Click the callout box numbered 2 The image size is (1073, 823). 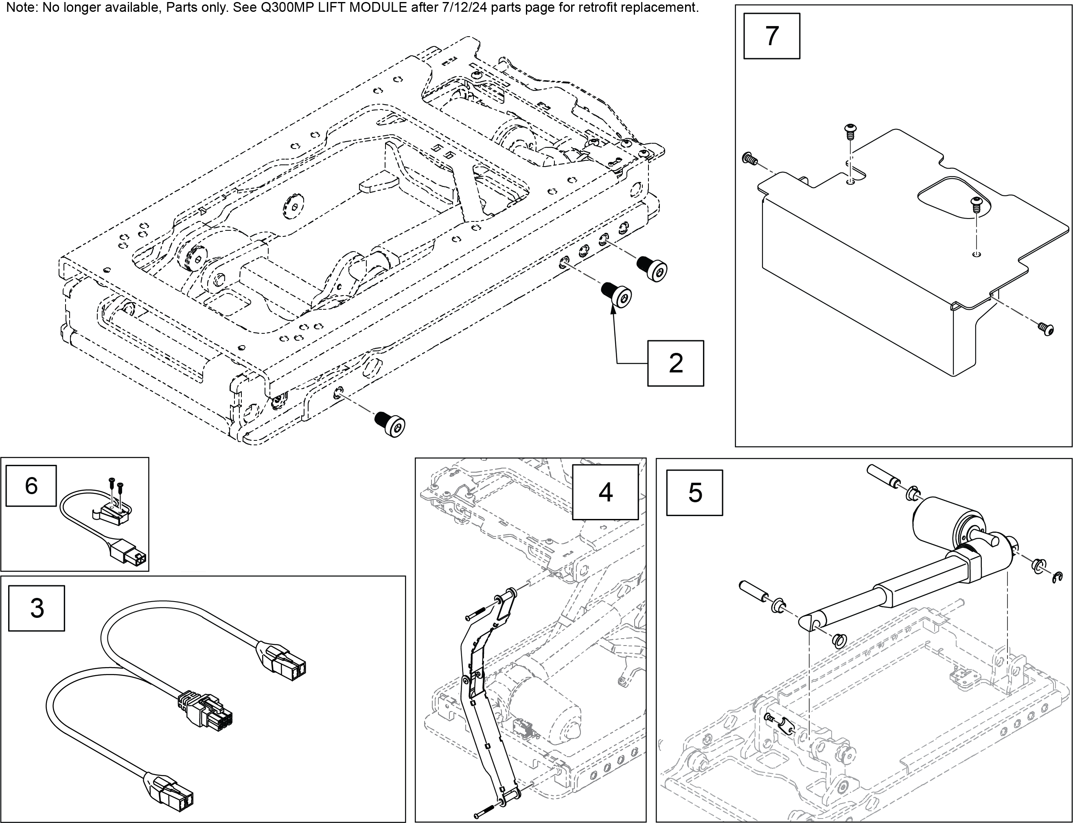(675, 363)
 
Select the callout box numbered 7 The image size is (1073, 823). (771, 36)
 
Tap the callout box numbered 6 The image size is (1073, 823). (31, 486)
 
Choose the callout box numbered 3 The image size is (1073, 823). (37, 608)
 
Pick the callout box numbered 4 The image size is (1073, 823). (605, 492)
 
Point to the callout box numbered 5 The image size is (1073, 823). (694, 492)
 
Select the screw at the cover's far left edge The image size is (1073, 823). (749, 158)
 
